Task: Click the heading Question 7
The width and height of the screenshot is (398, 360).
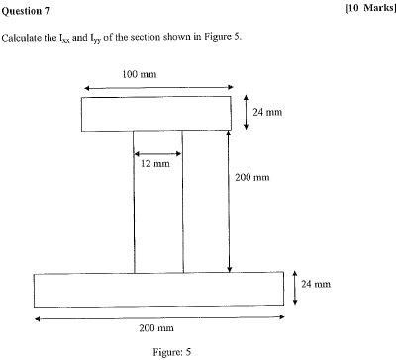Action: [x=29, y=10]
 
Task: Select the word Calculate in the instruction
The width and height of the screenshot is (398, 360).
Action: [x=24, y=38]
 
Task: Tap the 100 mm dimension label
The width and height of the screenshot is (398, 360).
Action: [x=138, y=75]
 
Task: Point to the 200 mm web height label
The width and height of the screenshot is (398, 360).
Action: [x=252, y=178]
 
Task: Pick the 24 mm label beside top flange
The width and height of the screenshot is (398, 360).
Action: [x=267, y=113]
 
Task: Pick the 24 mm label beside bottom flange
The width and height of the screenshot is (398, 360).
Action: [x=314, y=285]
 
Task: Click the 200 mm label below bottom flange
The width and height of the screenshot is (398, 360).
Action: [x=156, y=327]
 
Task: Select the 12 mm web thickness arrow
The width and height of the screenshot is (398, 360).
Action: [x=158, y=152]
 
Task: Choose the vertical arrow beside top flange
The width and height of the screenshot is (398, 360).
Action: [x=246, y=114]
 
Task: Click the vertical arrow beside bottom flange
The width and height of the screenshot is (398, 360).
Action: [x=295, y=289]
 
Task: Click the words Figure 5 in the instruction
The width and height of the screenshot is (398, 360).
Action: [x=222, y=38]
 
